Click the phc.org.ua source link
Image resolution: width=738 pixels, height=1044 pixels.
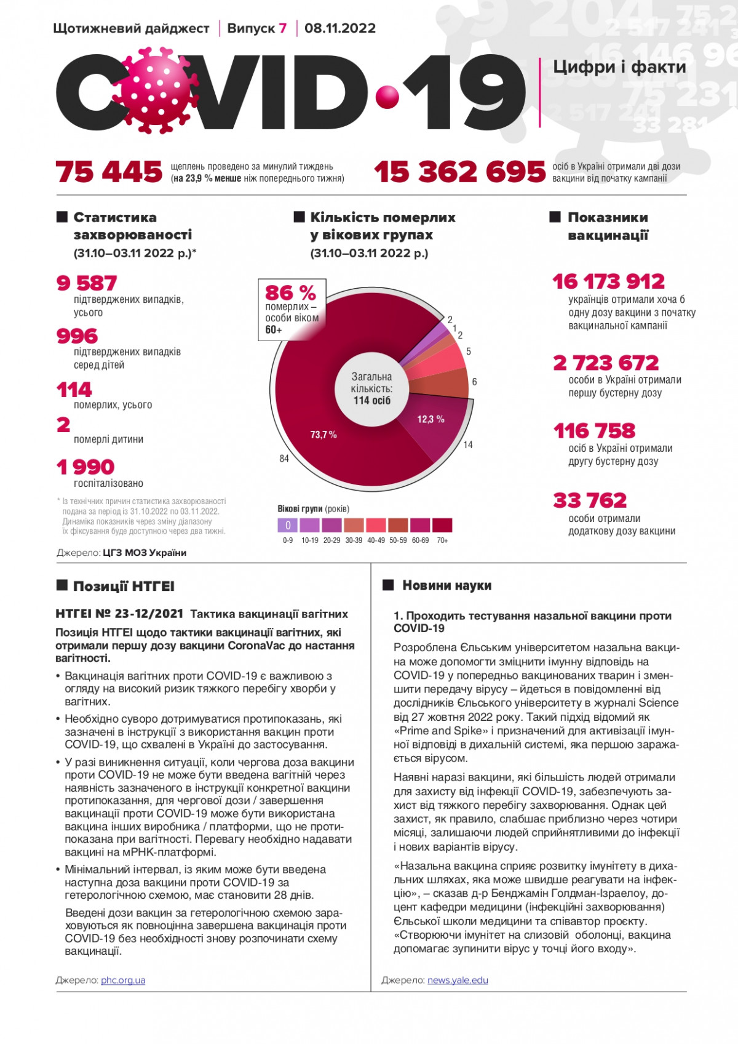[123, 980]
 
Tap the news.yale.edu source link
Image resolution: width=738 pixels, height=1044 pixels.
[458, 980]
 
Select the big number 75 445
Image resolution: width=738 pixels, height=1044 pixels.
[109, 172]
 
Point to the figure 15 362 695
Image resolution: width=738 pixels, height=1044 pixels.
[459, 172]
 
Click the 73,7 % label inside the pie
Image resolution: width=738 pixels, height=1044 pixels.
[323, 435]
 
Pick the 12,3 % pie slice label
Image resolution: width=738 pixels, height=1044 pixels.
[430, 419]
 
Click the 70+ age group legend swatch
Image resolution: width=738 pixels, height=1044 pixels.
[442, 525]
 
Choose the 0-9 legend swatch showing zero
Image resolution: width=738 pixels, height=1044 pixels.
[288, 525]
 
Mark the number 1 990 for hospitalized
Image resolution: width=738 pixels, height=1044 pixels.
[85, 467]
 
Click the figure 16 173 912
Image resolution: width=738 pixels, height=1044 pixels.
[608, 281]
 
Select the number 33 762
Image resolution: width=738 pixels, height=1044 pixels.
[590, 500]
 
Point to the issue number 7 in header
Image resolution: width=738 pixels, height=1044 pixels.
[283, 28]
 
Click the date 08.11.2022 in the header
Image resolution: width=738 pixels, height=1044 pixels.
[340, 28]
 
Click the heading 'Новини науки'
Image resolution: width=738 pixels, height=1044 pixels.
[446, 585]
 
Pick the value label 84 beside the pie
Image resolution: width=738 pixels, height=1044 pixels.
[284, 459]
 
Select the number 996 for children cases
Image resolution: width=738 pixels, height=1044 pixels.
[77, 335]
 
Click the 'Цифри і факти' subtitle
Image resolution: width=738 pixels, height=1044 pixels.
[619, 66]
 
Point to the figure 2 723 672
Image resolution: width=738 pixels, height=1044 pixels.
[606, 363]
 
